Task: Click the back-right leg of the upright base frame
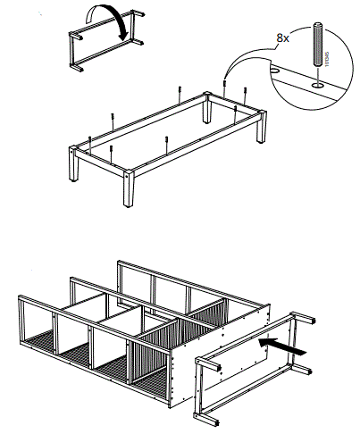pos(264,129)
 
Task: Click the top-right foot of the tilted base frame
pos(309,319)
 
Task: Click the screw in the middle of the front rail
pos(167,140)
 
